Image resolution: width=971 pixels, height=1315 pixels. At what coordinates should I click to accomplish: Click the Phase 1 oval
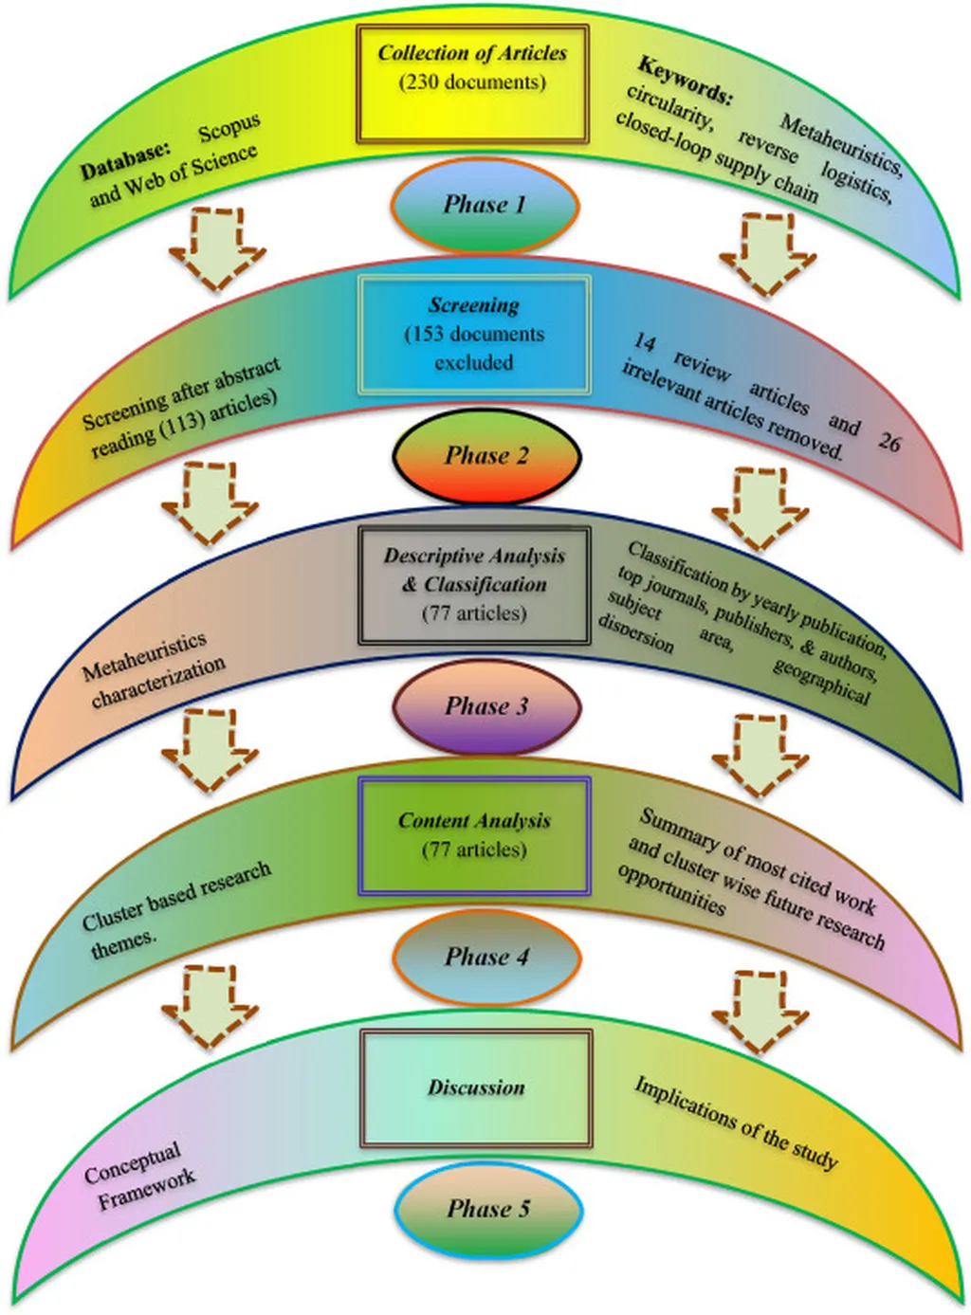pyautogui.click(x=485, y=205)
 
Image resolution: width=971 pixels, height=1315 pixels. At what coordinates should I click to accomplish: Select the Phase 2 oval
pyautogui.click(x=486, y=456)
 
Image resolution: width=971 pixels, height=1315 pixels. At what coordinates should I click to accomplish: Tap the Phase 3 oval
pyautogui.click(x=486, y=706)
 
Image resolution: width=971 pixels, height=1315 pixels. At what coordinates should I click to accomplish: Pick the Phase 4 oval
pyautogui.click(x=486, y=957)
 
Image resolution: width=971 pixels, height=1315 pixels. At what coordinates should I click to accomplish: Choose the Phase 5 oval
pyautogui.click(x=487, y=1209)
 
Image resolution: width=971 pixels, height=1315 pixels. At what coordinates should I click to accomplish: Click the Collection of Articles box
pyautogui.click(x=473, y=83)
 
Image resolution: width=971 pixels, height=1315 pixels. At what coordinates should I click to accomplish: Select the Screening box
pyautogui.click(x=474, y=334)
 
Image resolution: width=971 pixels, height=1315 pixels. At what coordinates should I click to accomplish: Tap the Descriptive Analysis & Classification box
pyautogui.click(x=474, y=585)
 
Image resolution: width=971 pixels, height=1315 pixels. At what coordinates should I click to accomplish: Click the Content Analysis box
pyautogui.click(x=474, y=835)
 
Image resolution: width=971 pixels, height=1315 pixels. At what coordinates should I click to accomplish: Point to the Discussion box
pyautogui.click(x=476, y=1087)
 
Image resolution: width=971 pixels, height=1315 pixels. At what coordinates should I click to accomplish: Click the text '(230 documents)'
pyautogui.click(x=473, y=82)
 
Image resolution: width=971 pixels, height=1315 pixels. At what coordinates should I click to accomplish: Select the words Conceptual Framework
pyautogui.click(x=139, y=1176)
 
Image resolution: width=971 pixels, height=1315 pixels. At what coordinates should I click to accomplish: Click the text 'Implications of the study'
pyautogui.click(x=736, y=1123)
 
